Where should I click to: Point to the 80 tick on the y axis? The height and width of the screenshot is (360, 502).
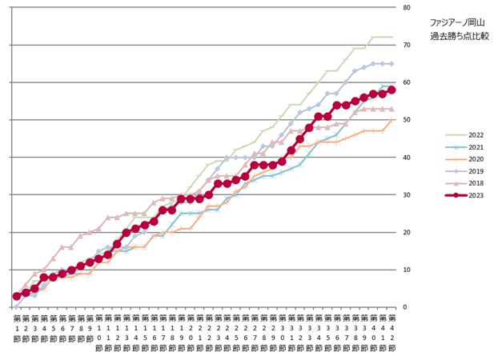(408, 7)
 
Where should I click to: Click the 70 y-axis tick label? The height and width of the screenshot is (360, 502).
(408, 45)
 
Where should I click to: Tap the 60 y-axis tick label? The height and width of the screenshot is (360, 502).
(408, 82)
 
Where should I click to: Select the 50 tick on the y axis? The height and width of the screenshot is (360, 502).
(408, 120)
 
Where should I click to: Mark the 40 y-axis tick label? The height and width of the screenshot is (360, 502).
(408, 158)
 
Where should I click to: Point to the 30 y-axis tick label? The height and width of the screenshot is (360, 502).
(408, 195)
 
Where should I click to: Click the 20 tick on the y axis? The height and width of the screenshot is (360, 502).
(408, 233)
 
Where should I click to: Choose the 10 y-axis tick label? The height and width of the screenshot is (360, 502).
(408, 270)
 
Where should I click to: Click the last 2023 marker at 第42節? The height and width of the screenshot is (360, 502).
(392, 90)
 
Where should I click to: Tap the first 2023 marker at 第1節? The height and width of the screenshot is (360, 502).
(17, 296)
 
